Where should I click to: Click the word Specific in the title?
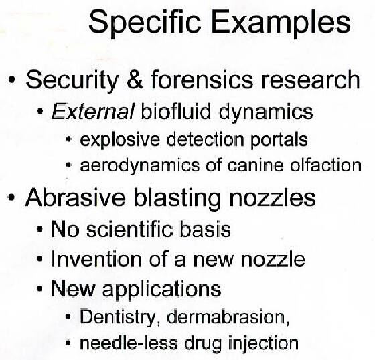[145, 23]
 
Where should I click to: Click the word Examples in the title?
[281, 23]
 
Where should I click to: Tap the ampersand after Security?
[135, 79]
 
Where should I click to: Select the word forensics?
[202, 79]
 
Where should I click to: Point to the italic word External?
[93, 112]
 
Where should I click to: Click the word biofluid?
[176, 111]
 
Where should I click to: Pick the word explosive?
[120, 140]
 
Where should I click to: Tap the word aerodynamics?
[140, 166]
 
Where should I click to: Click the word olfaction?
[325, 165]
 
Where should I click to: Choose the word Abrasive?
[75, 197]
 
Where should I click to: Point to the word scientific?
[130, 229]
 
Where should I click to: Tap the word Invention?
[96, 260]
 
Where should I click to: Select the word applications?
[161, 290]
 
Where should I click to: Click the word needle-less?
[129, 343]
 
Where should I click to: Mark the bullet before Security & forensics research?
[11, 80]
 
